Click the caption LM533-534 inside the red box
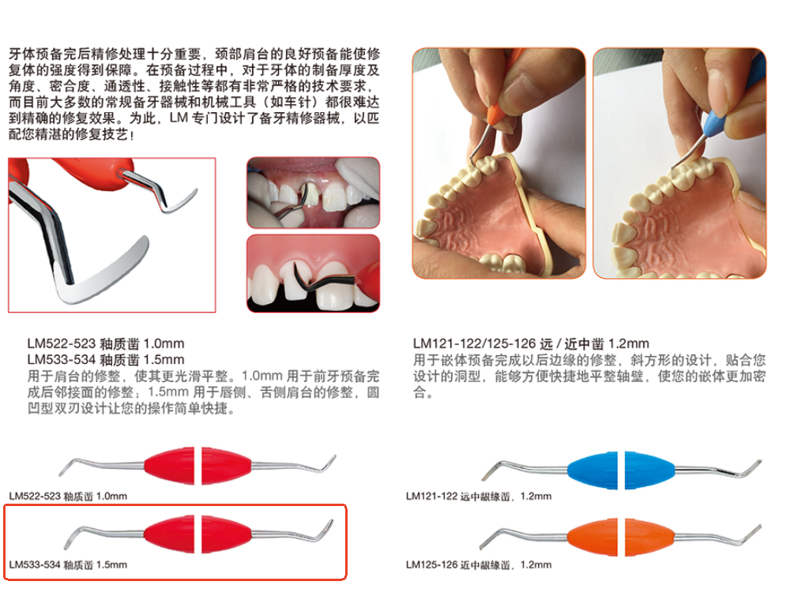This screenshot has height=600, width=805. (35, 564)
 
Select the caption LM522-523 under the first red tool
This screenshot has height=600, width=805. (35, 497)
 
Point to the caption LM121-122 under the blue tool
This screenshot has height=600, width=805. (431, 497)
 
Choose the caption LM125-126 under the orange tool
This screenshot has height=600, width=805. (431, 564)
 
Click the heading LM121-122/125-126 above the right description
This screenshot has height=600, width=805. (474, 343)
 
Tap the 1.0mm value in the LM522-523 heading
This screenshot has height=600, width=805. (164, 343)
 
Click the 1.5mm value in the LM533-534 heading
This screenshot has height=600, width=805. (164, 359)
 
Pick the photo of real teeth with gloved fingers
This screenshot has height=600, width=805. (313, 193)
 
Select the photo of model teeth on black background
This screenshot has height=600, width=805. (313, 273)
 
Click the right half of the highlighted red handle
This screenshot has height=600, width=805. (227, 534)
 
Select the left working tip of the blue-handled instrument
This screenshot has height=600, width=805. (492, 467)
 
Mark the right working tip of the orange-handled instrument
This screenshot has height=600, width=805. (750, 534)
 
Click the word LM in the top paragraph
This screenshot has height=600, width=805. (179, 118)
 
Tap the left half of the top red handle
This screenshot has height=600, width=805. (169, 466)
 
